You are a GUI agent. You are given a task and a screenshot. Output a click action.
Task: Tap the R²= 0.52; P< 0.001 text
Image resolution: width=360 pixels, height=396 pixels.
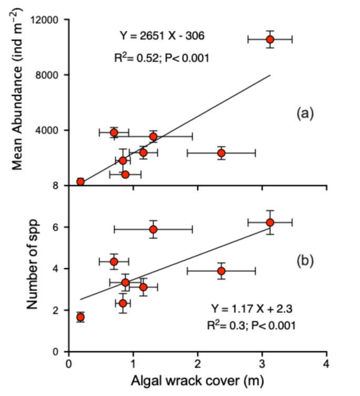[x=162, y=58]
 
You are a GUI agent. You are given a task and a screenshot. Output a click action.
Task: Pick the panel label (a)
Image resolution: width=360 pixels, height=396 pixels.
[x=305, y=113]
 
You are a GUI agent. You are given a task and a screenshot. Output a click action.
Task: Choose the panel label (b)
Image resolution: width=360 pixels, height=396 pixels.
[x=305, y=261]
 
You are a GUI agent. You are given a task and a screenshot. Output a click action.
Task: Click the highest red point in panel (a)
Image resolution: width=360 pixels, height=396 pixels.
[x=270, y=39]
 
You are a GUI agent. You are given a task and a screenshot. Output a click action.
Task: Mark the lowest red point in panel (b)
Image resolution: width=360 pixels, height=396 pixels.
[x=80, y=317]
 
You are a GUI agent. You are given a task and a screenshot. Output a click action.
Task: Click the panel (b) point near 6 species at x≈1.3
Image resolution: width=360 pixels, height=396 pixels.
[x=153, y=229]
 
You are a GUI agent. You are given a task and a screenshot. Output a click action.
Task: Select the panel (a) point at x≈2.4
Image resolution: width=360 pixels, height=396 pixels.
[x=221, y=153]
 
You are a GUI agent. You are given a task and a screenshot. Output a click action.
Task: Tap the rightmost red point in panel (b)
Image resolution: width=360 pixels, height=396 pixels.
[x=270, y=222]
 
